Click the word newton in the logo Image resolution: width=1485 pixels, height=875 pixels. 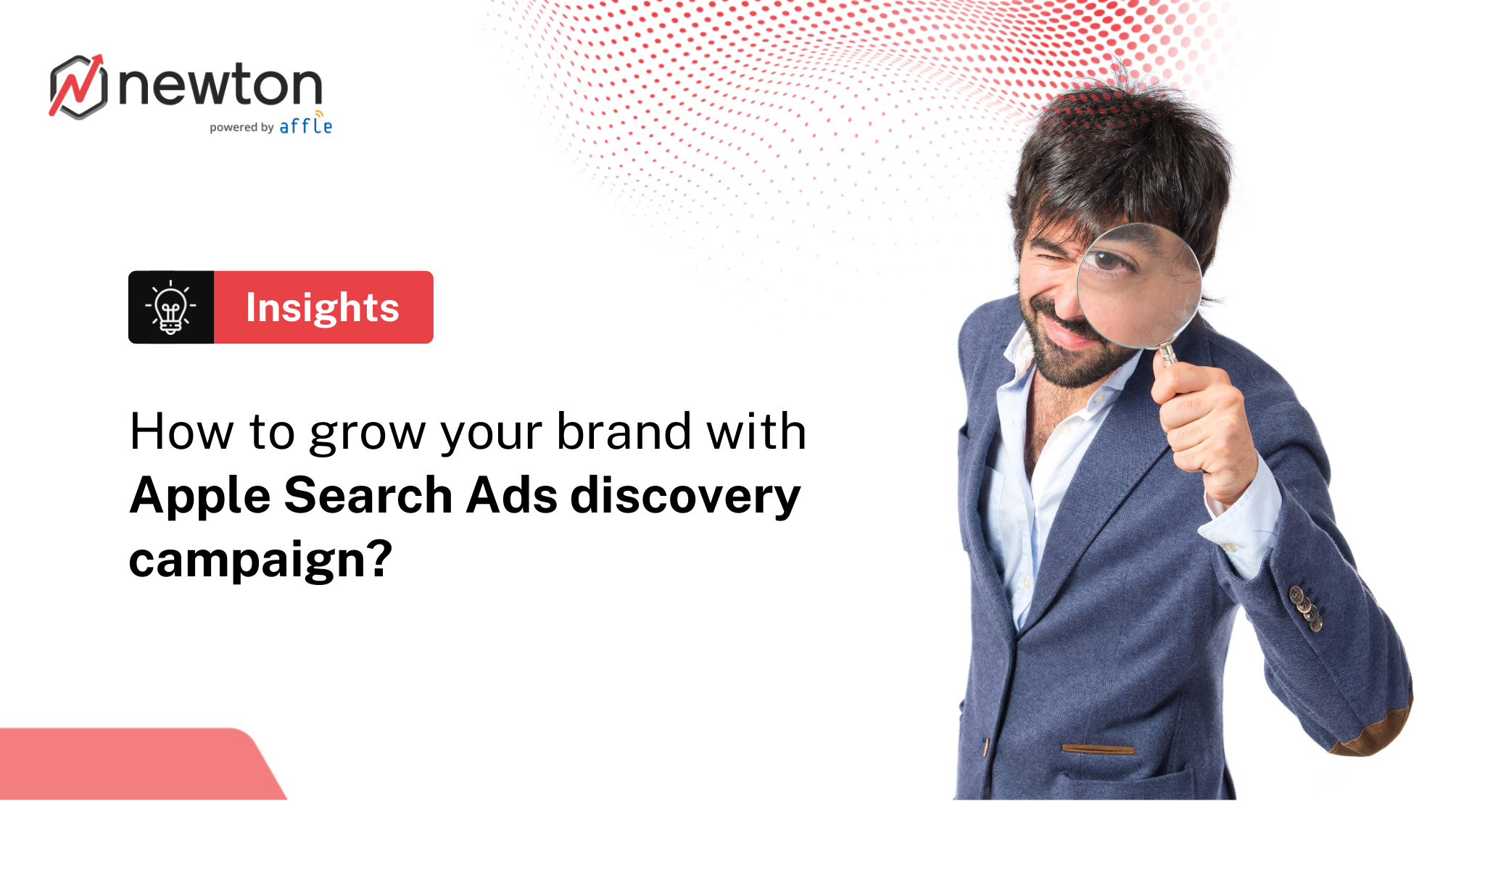pyautogui.click(x=220, y=86)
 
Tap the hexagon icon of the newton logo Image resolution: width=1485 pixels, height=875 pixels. pyautogui.click(x=78, y=87)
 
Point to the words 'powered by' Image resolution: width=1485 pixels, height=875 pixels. pyautogui.click(x=241, y=128)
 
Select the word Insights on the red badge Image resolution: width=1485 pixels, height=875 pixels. pyautogui.click(x=323, y=307)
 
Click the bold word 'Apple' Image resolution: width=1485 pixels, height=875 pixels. pyautogui.click(x=201, y=497)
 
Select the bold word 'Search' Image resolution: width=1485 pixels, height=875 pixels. pyautogui.click(x=368, y=496)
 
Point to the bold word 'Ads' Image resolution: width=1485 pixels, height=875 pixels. pyautogui.click(x=512, y=496)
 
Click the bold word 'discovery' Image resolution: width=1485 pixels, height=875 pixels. pyautogui.click(x=685, y=497)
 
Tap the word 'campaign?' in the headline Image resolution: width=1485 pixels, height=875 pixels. pyautogui.click(x=260, y=560)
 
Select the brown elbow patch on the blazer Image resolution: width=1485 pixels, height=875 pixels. pyautogui.click(x=1374, y=732)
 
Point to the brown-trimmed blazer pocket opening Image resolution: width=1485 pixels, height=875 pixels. pyautogui.click(x=1098, y=748)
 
